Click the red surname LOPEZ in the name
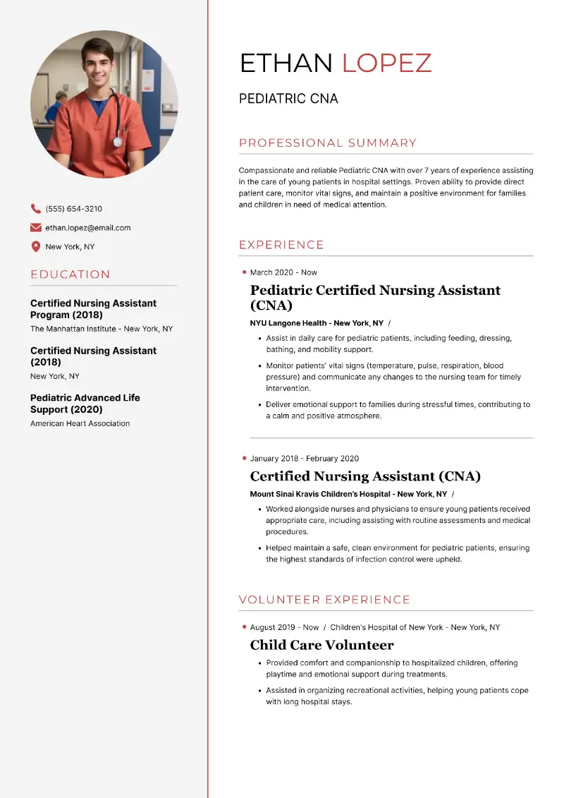pyautogui.click(x=386, y=64)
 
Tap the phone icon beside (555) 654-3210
pyautogui.click(x=36, y=209)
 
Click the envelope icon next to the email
pyautogui.click(x=36, y=228)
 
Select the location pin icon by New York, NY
pyautogui.click(x=36, y=246)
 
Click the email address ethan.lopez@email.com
pyautogui.click(x=88, y=228)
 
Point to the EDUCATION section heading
pyautogui.click(x=70, y=274)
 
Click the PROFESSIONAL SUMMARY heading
pyautogui.click(x=328, y=143)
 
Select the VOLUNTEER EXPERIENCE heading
pyautogui.click(x=324, y=600)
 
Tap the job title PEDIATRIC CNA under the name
pyautogui.click(x=288, y=99)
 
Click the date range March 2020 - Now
pyautogui.click(x=283, y=272)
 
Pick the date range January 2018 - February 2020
pyautogui.click(x=304, y=459)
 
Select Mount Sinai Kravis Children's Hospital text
pyautogui.click(x=321, y=495)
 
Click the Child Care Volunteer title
pyautogui.click(x=321, y=645)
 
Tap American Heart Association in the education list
pyautogui.click(x=80, y=423)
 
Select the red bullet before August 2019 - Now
pyautogui.click(x=244, y=627)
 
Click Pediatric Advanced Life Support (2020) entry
pyautogui.click(x=85, y=404)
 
